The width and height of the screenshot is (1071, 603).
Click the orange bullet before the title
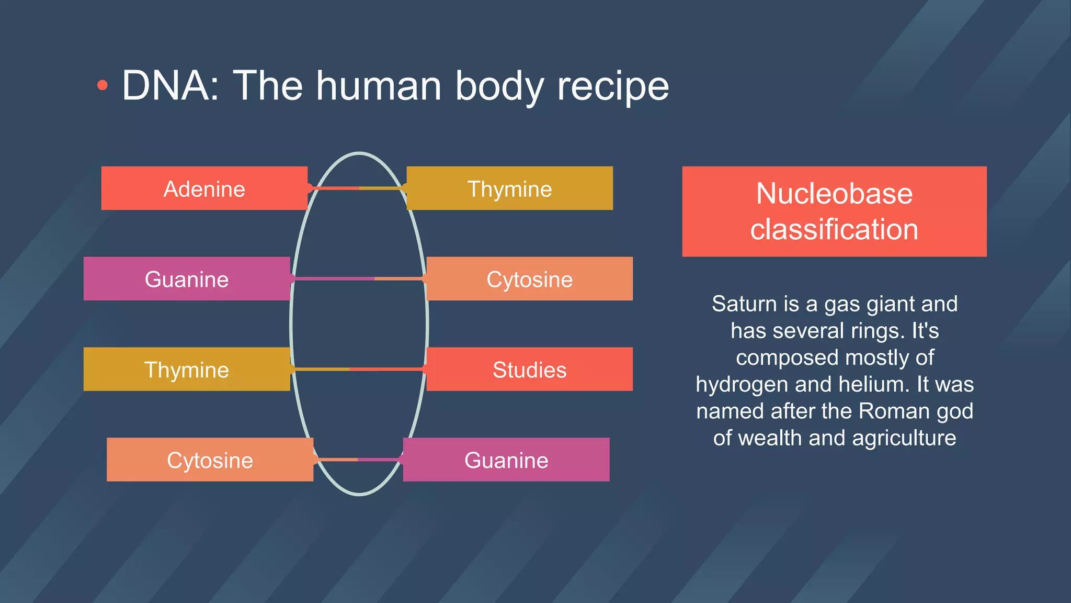tap(102, 86)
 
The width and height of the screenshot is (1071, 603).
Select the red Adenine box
tap(204, 188)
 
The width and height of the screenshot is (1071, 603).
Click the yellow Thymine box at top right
tap(509, 188)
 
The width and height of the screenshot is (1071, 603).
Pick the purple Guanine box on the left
tap(187, 279)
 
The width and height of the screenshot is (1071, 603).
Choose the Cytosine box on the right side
tap(529, 279)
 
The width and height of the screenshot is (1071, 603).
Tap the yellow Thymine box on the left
tap(187, 370)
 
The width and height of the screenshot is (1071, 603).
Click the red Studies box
tap(529, 370)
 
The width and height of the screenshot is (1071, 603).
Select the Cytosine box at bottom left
tap(210, 460)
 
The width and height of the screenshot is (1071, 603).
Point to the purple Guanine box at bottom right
tap(506, 460)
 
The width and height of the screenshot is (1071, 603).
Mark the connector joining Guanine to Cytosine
tap(359, 278)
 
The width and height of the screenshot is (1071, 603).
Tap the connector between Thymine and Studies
tap(359, 369)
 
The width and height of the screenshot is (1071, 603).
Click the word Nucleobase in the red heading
tap(834, 194)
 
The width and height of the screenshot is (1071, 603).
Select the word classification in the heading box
tap(834, 229)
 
